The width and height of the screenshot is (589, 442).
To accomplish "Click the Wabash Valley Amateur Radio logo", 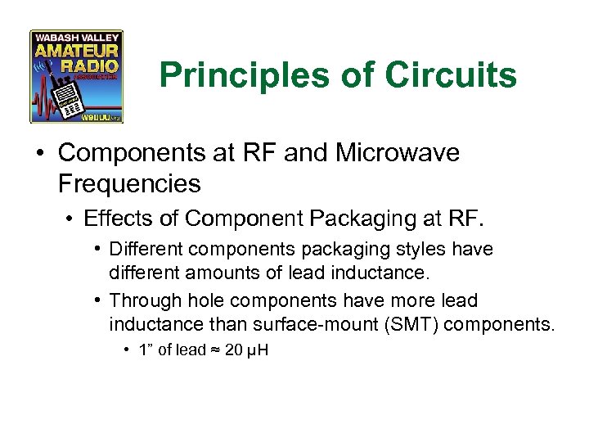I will click(x=77, y=76).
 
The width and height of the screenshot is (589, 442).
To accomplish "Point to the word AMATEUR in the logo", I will click(x=77, y=50).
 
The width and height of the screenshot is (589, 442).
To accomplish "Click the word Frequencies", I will click(x=129, y=183).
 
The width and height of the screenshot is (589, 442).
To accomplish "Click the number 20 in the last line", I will click(x=233, y=350).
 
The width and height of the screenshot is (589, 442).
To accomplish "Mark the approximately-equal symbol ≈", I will click(x=214, y=351).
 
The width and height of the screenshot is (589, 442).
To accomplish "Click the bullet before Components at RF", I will click(x=41, y=154).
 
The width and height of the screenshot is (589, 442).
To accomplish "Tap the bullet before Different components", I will click(x=97, y=249).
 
